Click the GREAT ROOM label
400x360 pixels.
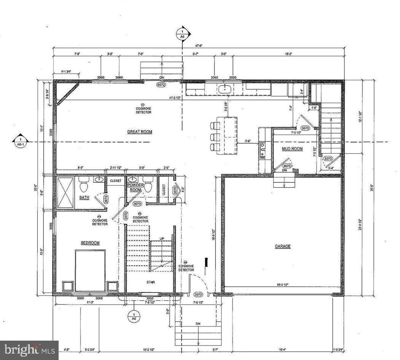(x=140, y=132)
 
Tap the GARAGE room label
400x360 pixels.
(x=283, y=246)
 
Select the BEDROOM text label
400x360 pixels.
(x=90, y=243)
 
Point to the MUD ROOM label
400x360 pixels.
(x=292, y=149)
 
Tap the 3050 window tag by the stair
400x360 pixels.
(x=150, y=298)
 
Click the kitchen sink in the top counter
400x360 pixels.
(x=225, y=89)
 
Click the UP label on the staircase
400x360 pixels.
(x=162, y=238)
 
